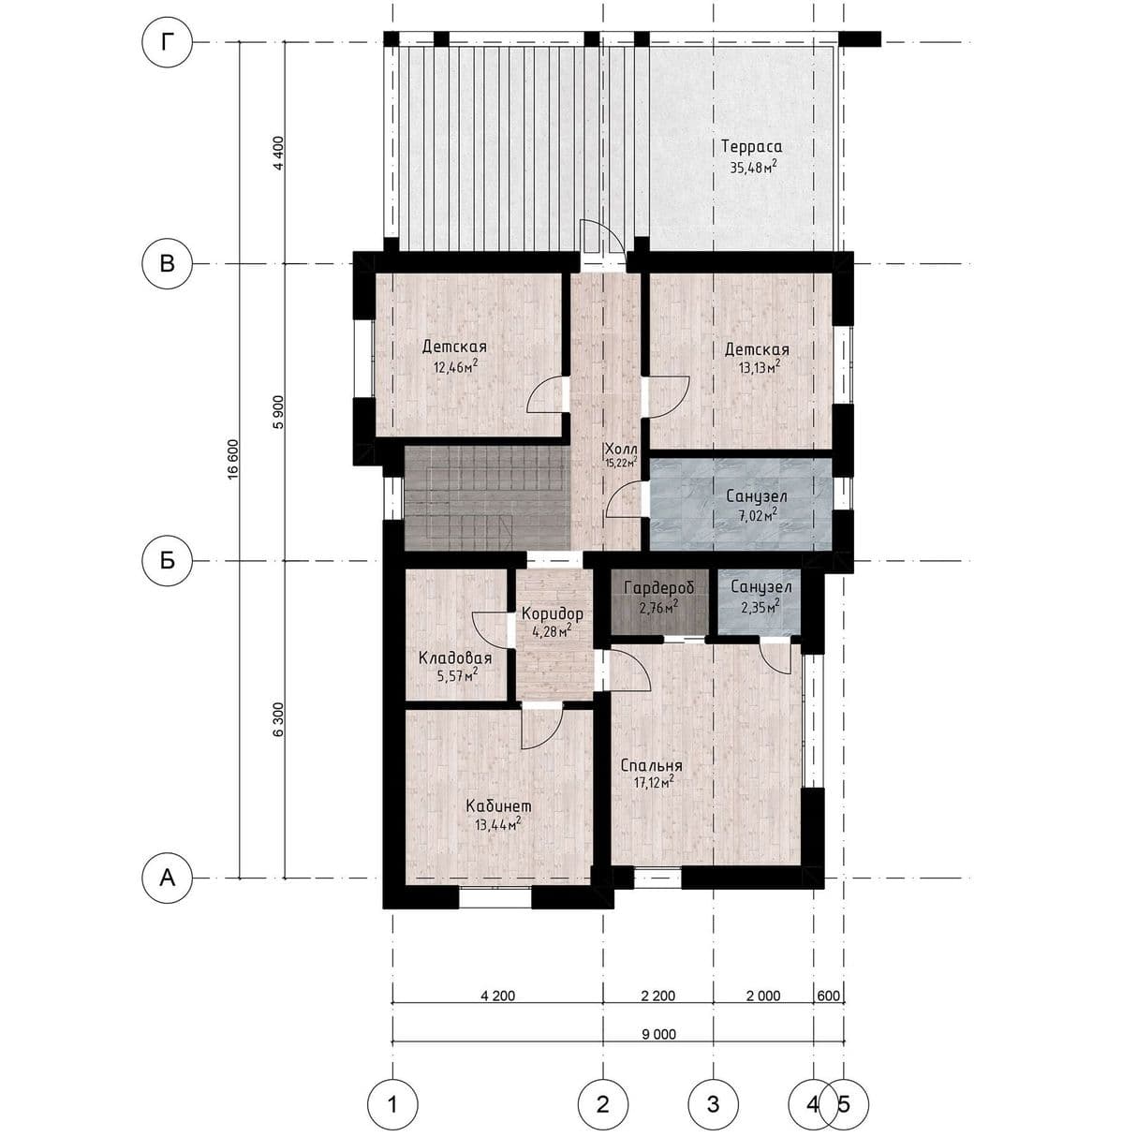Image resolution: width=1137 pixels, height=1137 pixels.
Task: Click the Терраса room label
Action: (x=752, y=147)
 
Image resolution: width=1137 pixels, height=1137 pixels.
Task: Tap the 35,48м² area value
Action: (x=752, y=168)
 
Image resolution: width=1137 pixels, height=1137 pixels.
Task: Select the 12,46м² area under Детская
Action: (x=455, y=367)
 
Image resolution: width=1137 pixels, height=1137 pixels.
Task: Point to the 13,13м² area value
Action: (x=760, y=368)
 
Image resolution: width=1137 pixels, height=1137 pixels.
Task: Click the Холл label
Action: (x=621, y=449)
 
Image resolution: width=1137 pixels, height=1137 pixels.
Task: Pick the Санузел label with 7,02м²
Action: (x=757, y=496)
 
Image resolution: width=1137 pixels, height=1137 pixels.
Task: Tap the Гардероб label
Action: (x=659, y=588)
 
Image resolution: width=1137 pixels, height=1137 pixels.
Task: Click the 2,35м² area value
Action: (x=760, y=607)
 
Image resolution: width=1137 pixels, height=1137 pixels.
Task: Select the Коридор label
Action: (x=553, y=614)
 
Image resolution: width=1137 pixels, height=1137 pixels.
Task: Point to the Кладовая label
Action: (x=455, y=658)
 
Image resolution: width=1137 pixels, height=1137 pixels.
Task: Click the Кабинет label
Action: (x=498, y=806)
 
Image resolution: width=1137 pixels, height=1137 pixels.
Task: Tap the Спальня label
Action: (x=652, y=765)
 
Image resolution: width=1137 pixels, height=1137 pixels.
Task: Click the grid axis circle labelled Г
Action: (x=169, y=42)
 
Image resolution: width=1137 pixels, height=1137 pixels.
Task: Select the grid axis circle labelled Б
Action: (x=168, y=561)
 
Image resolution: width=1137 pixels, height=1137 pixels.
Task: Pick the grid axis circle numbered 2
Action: (x=602, y=1103)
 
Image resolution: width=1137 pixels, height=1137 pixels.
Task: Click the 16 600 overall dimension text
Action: (x=233, y=459)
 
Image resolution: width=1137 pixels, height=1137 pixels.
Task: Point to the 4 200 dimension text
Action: (x=498, y=996)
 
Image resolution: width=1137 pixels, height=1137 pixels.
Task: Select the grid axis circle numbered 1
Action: (x=392, y=1103)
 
